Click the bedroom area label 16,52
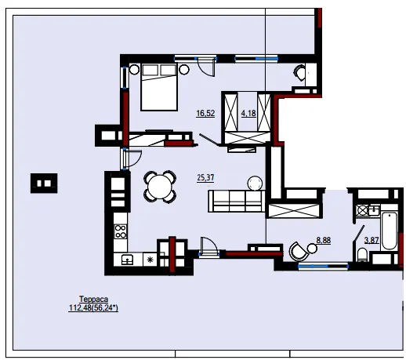click(205, 113)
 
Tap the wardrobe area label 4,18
click(248, 113)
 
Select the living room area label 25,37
click(205, 177)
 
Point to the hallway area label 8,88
click(324, 240)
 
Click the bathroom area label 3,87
click(372, 240)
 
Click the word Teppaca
click(93, 299)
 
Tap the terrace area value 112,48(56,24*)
click(93, 307)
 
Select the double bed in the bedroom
click(159, 87)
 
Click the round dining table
click(160, 187)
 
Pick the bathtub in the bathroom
click(390, 231)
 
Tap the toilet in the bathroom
click(362, 255)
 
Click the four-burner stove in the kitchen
click(121, 231)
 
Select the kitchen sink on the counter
click(128, 260)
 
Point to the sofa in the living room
click(237, 201)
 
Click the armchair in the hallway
click(298, 252)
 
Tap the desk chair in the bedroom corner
click(299, 72)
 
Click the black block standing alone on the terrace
click(44, 184)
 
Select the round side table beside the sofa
click(255, 183)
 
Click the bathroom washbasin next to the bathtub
click(374, 210)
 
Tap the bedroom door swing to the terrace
click(207, 67)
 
